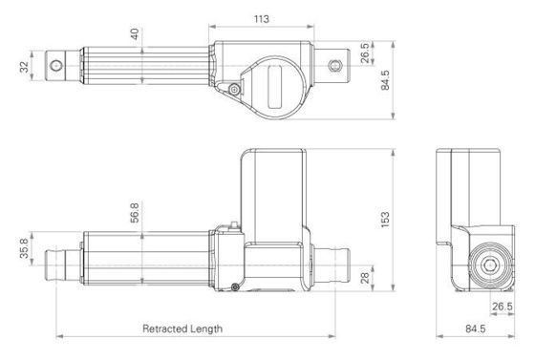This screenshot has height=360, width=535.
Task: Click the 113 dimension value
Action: (x=262, y=19)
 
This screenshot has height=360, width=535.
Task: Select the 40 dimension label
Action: (x=135, y=34)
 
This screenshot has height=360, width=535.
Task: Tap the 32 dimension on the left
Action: (x=24, y=67)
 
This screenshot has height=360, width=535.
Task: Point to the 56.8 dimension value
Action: (x=135, y=213)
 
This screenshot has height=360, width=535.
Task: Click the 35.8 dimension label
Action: (x=24, y=248)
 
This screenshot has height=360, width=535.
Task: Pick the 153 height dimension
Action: (x=385, y=220)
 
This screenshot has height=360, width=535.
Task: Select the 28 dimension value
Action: (x=365, y=278)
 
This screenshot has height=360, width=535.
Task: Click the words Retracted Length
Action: (x=182, y=328)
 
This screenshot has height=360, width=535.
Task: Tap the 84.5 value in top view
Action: (x=385, y=80)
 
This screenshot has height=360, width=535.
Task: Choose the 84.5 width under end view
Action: (x=476, y=328)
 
